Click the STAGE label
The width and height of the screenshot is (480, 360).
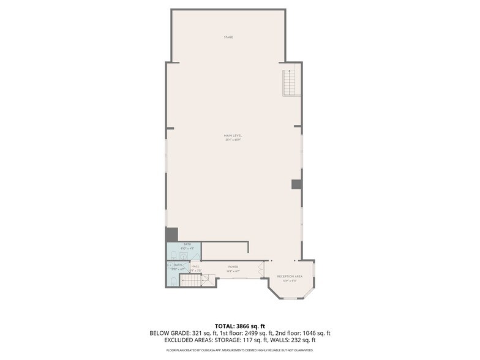tap(228, 37)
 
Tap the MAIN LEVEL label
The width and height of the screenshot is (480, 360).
tap(233, 135)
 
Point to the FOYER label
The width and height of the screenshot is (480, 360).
tap(233, 267)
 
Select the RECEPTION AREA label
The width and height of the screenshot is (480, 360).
tap(290, 276)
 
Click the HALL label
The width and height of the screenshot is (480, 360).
tap(196, 266)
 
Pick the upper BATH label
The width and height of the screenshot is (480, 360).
tap(187, 244)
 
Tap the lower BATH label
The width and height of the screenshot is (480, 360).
tap(178, 264)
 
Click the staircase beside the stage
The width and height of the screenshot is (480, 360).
tap(290, 83)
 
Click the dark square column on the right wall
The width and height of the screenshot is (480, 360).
tap(296, 184)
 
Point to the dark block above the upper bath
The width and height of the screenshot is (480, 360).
tap(171, 234)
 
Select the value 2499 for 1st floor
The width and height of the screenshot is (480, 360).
tap(252, 333)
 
